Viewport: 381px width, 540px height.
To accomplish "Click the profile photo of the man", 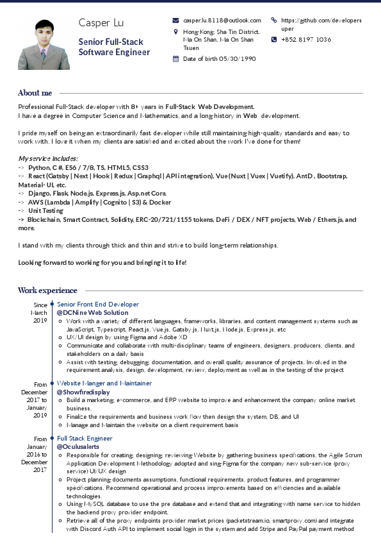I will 44,44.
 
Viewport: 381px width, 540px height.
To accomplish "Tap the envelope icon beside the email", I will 176,21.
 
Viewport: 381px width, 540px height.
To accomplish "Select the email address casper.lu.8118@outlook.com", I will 222,21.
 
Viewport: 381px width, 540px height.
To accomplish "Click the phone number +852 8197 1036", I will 306,39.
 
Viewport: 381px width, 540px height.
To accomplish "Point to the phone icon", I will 274,39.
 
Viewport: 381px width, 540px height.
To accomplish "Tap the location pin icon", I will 176,31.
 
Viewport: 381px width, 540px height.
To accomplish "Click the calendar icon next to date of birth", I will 176,58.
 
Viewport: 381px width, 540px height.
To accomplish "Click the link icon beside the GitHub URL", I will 274,21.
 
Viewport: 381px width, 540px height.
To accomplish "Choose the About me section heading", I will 35,93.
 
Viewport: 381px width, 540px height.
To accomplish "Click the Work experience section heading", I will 47,291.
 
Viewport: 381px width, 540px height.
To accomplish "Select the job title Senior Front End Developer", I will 98,304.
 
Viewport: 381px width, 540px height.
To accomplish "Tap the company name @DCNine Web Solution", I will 92,313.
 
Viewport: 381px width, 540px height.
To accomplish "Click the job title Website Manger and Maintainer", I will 104,383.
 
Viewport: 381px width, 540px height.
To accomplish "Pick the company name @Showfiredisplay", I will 83,392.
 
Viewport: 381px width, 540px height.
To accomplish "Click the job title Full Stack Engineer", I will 85,438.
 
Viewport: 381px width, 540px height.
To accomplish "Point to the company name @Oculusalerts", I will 78,446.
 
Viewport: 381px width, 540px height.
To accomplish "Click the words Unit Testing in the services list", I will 45,210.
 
